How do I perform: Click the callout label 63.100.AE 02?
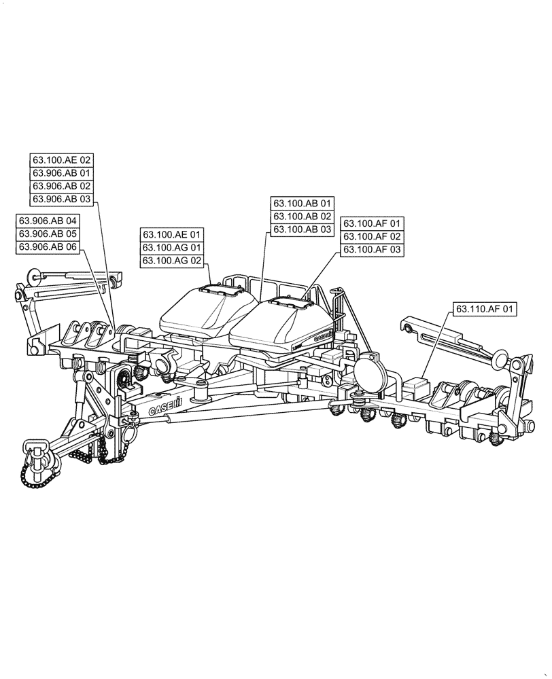pos(61,160)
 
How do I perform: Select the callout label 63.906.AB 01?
pos(61,173)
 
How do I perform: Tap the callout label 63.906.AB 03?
pos(61,199)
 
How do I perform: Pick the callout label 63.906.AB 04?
pos(48,221)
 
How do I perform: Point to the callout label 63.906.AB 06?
pos(48,247)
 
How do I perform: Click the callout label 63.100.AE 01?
pos(172,235)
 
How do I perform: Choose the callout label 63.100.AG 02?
pos(172,261)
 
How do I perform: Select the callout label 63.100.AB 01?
pos(303,204)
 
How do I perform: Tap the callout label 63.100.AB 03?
pos(303,230)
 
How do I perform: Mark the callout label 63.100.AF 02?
pos(373,237)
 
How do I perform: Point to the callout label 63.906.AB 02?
pos(61,186)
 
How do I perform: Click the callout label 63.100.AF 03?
pos(373,250)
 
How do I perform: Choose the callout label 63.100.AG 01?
pos(172,248)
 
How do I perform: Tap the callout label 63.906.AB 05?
pos(48,234)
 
